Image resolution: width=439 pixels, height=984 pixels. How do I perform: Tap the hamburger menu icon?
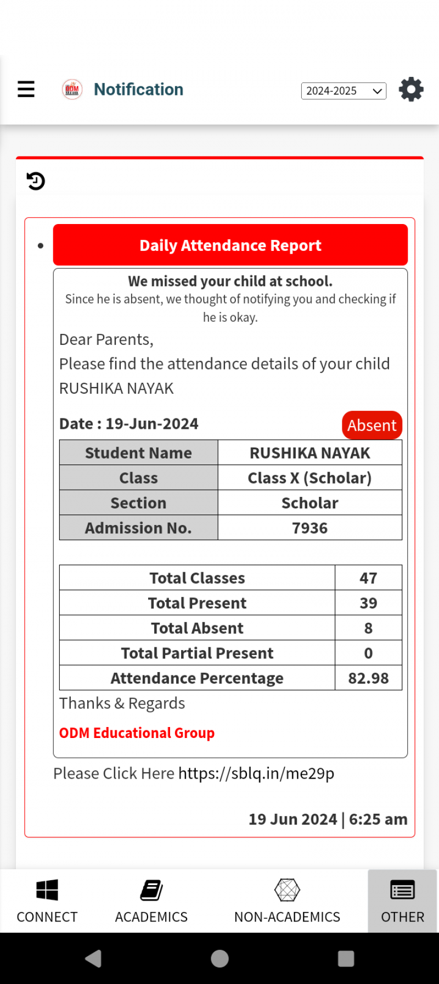pos(26,89)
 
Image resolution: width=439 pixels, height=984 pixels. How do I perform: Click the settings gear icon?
pos(411,90)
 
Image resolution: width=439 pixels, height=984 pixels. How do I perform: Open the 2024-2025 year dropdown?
pos(344,91)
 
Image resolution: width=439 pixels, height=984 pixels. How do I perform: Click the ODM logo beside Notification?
pos(72,89)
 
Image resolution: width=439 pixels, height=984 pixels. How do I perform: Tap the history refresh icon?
pos(36,181)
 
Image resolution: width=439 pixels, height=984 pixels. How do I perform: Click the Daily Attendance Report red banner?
pos(230,245)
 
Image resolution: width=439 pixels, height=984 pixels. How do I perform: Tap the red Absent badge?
pos(372,425)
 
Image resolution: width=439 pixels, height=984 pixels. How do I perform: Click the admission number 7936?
pos(309,528)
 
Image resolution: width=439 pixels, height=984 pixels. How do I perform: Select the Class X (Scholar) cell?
pos(309,478)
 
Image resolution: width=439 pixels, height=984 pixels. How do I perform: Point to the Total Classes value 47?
pos(368,578)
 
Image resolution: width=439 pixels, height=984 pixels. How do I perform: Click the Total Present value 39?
pos(368,603)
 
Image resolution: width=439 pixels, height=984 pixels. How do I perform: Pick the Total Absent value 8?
pos(368,628)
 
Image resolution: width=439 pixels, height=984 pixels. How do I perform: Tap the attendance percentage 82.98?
pos(368,678)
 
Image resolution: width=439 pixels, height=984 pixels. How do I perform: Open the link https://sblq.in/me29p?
pos(256,773)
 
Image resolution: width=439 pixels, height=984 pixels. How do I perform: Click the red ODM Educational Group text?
pos(137,733)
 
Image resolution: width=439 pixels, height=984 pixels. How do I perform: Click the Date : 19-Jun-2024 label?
pos(129,424)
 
